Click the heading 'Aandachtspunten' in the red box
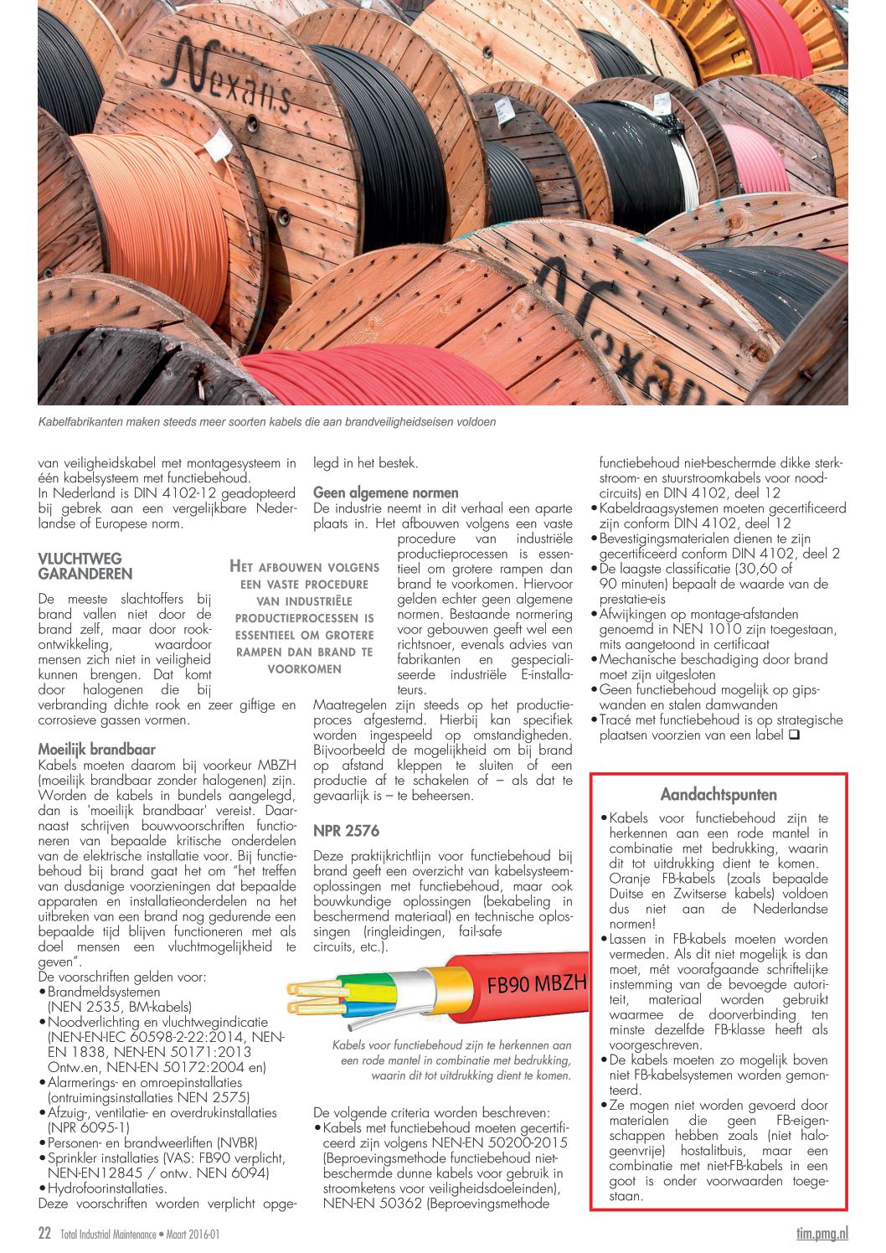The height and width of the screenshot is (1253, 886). tap(719, 794)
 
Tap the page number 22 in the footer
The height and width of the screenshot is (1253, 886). tap(44, 1233)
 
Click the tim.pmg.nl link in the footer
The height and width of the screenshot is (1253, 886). tap(822, 1233)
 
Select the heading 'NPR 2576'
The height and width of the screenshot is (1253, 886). tap(346, 831)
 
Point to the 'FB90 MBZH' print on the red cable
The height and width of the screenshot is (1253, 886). tap(537, 983)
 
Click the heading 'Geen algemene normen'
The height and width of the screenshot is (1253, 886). tap(385, 492)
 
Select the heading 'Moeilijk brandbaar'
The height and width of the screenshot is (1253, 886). tap(96, 749)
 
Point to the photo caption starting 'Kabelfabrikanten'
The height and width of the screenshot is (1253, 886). tap(266, 422)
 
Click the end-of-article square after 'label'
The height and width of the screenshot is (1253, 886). tap(794, 735)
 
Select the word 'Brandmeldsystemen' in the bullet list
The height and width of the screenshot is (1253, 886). tap(104, 992)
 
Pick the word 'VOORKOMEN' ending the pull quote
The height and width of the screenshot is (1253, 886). tap(304, 668)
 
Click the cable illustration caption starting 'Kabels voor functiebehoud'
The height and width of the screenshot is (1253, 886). tap(452, 1060)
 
